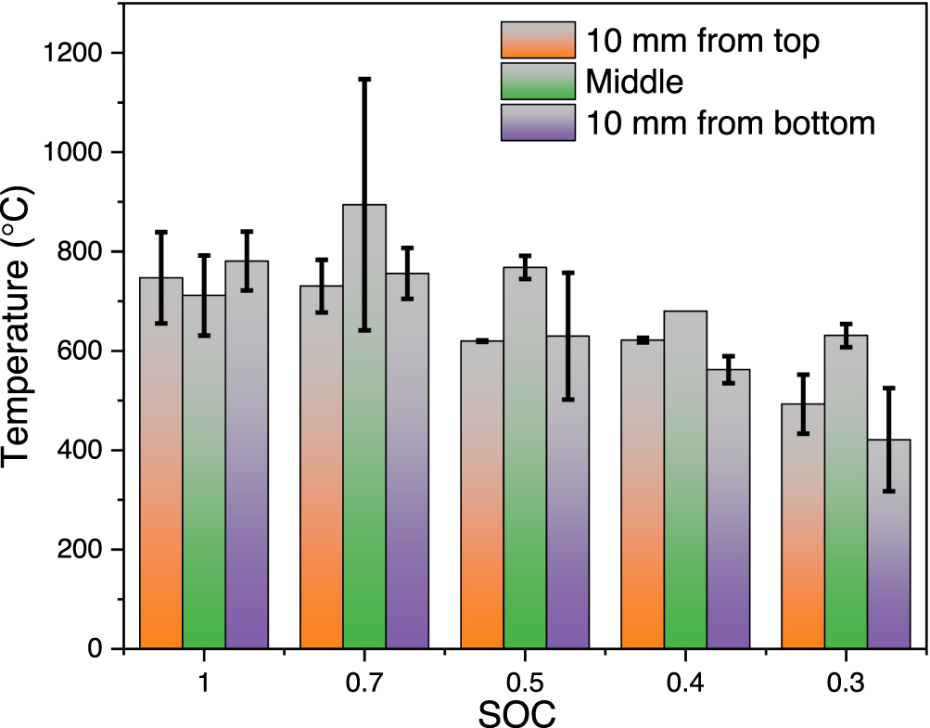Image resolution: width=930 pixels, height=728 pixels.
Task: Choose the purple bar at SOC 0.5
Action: [x=567, y=492]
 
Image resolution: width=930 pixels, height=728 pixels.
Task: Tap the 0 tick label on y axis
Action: [x=101, y=649]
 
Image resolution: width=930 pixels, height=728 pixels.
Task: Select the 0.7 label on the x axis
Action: [x=364, y=683]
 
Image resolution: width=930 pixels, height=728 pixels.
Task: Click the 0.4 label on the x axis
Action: [x=685, y=683]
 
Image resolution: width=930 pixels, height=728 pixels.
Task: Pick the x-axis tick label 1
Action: [x=203, y=683]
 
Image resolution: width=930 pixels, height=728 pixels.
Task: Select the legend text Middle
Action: [x=634, y=83]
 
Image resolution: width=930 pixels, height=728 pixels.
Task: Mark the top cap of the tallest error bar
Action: [x=364, y=80]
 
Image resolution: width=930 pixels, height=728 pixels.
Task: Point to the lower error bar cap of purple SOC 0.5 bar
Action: [x=567, y=399]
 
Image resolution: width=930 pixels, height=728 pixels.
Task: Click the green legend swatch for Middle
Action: [x=538, y=82]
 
